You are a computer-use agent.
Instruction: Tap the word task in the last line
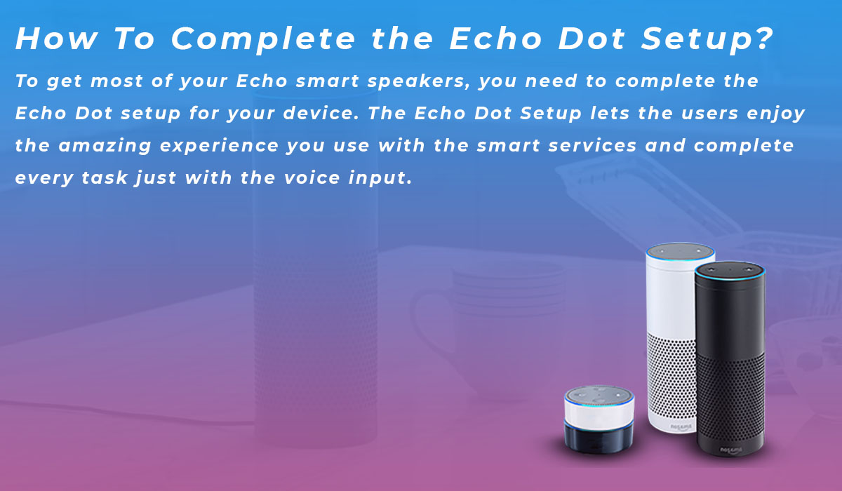(x=100, y=178)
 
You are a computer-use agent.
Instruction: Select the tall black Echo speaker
(x=730, y=358)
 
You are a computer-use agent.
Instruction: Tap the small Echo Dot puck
(x=599, y=417)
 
